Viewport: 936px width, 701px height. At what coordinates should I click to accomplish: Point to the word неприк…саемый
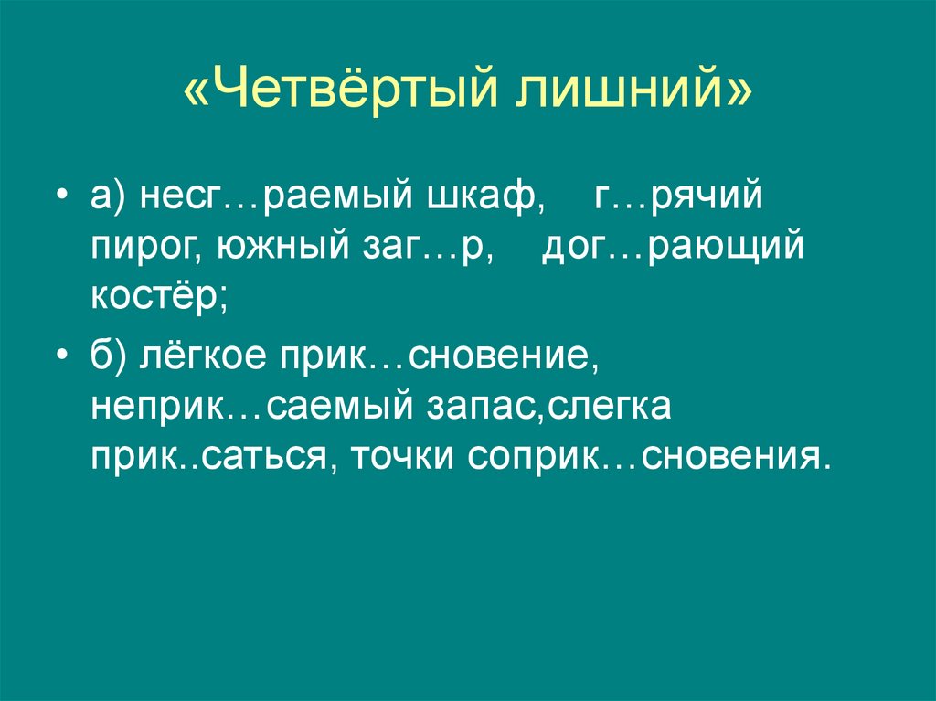[241, 406]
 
